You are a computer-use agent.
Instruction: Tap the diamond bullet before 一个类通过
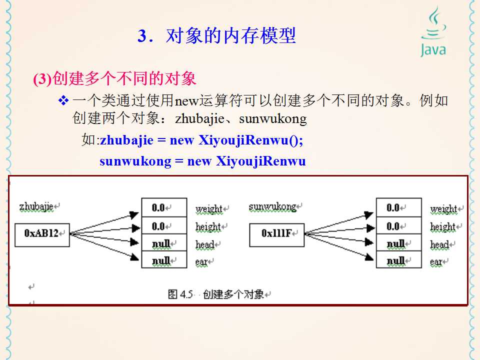click(x=63, y=101)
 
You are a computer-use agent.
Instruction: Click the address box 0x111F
click(x=276, y=233)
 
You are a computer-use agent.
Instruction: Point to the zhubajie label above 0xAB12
click(x=36, y=206)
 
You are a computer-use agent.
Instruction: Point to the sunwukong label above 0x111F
click(x=272, y=206)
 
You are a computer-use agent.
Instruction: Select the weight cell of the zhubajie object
click(x=164, y=207)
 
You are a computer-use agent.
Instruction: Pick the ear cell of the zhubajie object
click(x=164, y=260)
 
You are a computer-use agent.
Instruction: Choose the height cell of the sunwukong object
click(x=398, y=225)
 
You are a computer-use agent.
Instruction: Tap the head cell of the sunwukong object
click(x=398, y=243)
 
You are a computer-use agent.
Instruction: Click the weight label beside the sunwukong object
click(x=443, y=208)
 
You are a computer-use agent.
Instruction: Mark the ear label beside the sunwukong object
click(x=436, y=261)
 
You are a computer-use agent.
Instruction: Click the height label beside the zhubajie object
click(x=208, y=226)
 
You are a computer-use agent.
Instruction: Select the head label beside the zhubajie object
click(x=204, y=244)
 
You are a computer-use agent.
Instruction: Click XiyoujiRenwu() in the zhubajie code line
click(x=251, y=140)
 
